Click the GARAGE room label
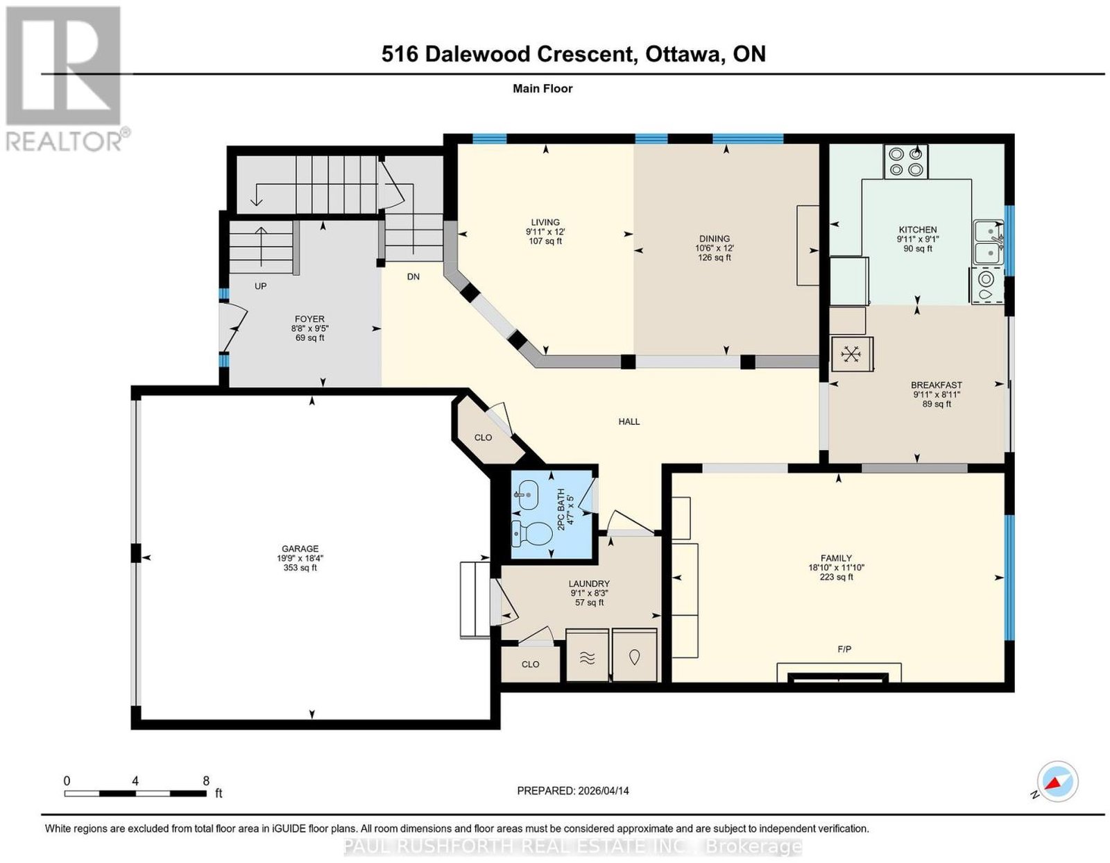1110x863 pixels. coord(300,548)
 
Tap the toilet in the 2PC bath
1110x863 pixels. coord(531,533)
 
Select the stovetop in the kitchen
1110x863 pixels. coord(905,162)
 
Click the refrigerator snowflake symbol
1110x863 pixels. coord(851,353)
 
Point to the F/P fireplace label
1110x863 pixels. coord(844,649)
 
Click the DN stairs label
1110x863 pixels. coord(413,276)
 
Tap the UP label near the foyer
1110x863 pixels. coord(261,286)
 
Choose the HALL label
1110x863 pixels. coord(629,421)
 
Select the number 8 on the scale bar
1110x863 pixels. coord(206,781)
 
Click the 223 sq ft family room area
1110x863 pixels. coord(836,577)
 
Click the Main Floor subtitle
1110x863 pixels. coord(543,88)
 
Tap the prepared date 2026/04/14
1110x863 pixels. coord(604,791)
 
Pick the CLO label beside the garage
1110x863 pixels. coord(483,437)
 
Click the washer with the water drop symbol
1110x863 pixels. coord(634,656)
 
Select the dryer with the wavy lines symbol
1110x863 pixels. coord(588,656)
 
